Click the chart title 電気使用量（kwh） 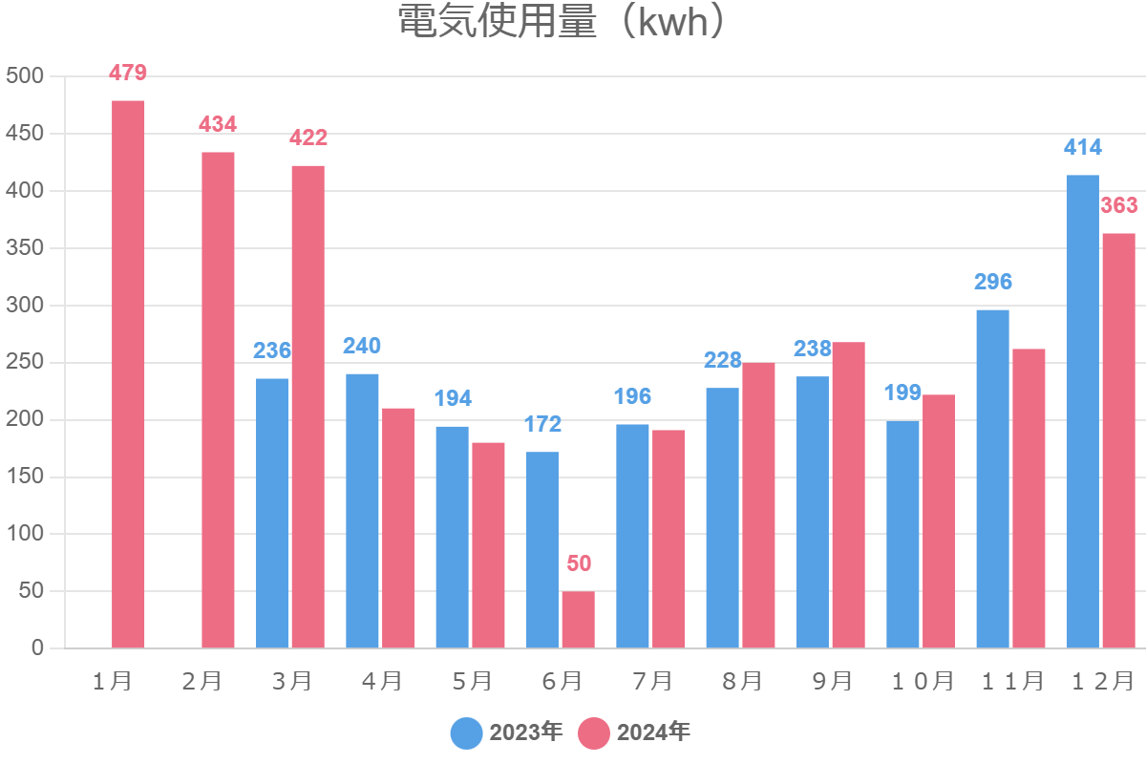coord(563,23)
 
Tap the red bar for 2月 coord(218,400)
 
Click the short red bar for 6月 coord(578,620)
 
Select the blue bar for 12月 coord(1082,412)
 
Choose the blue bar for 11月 coord(992,478)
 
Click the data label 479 coord(128,73)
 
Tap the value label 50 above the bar coord(579,563)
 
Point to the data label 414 coord(1083,147)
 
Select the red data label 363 coord(1119,205)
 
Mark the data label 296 coord(993,282)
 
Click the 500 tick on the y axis coord(25,75)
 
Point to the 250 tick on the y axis coord(25,362)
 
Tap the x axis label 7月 coord(652,681)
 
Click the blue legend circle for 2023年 coord(467,732)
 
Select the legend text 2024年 coord(653,732)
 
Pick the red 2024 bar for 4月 coord(398,528)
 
